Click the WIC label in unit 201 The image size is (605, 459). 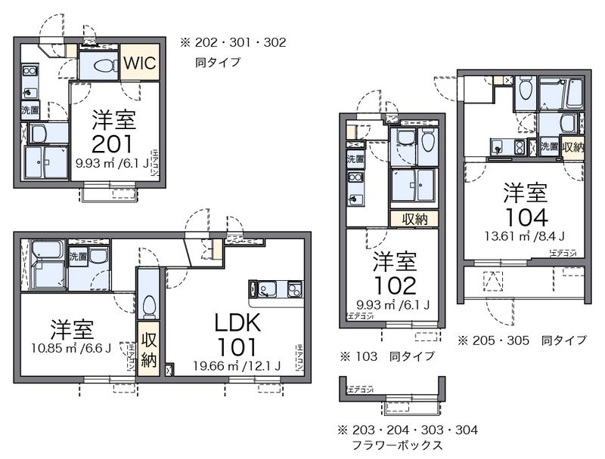click(x=139, y=63)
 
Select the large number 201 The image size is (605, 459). click(x=113, y=143)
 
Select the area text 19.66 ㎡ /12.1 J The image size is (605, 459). click(x=237, y=366)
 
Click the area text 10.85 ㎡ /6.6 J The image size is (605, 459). click(x=73, y=349)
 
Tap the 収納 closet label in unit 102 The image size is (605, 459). click(x=414, y=219)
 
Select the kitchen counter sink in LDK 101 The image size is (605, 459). click(x=267, y=288)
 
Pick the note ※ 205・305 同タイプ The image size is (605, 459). click(x=522, y=340)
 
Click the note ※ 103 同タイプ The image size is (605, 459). click(x=386, y=356)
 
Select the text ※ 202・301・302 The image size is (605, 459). click(x=232, y=43)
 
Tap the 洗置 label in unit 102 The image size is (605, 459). click(x=355, y=159)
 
